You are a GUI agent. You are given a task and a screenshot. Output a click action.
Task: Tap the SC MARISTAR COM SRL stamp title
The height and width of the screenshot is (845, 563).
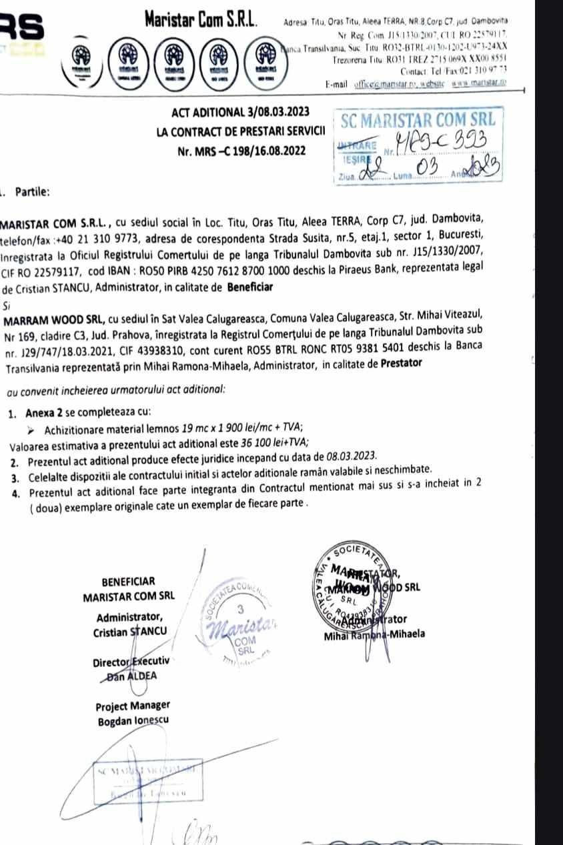click(418, 121)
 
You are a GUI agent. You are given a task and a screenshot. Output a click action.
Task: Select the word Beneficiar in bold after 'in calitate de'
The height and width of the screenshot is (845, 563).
click(250, 288)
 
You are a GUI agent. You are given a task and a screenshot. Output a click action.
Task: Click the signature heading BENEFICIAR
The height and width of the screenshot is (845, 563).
click(128, 581)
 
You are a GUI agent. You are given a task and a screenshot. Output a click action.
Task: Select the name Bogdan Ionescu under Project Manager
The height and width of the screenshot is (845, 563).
click(133, 721)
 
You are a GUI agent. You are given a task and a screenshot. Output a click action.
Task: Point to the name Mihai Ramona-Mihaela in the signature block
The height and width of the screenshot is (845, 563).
click(374, 634)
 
